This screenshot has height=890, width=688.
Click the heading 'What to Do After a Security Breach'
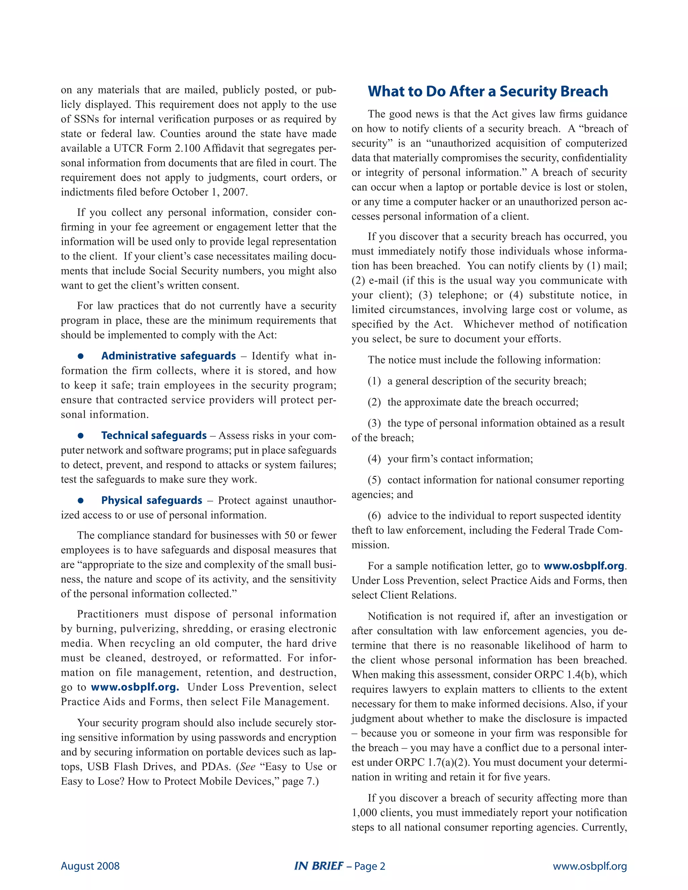click(488, 91)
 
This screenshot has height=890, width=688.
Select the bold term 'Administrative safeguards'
click(168, 356)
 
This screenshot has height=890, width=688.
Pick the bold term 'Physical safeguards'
click(152, 500)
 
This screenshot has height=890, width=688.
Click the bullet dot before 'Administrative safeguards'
click(81, 356)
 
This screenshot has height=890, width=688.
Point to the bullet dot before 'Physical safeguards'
click(81, 500)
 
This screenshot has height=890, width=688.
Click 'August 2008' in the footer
click(90, 866)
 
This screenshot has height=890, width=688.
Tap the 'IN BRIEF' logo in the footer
click(318, 866)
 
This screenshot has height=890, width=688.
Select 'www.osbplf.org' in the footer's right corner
click(589, 866)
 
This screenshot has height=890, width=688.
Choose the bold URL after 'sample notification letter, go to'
click(584, 566)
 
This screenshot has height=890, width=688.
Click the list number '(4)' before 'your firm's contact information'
click(374, 459)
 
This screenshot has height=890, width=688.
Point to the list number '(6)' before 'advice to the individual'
click(374, 516)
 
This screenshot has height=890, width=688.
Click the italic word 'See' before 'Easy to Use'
click(247, 766)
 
